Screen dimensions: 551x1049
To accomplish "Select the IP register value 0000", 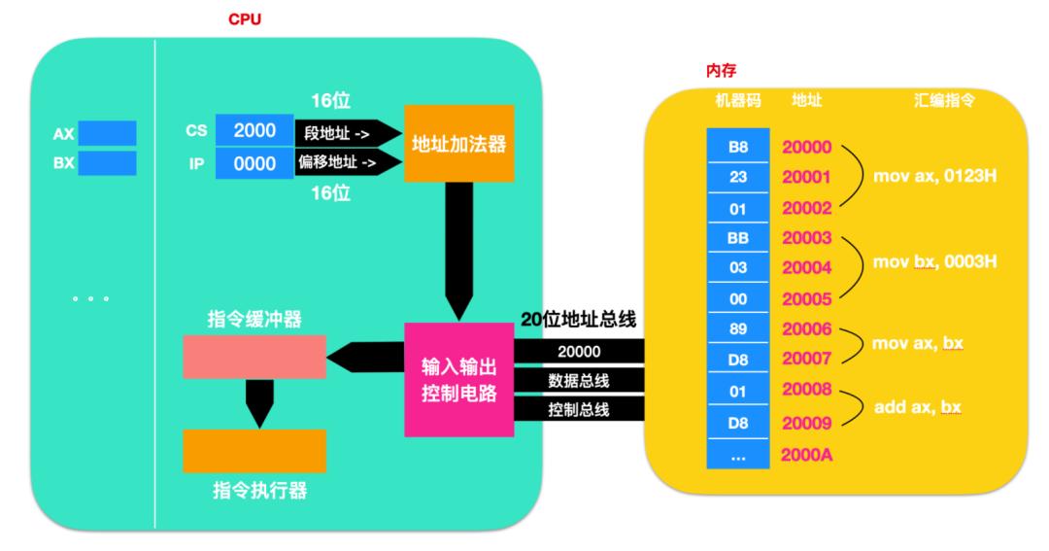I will tap(254, 163).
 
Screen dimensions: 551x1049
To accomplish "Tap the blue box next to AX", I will tap(107, 133).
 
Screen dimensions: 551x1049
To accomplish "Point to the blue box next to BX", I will tap(107, 162).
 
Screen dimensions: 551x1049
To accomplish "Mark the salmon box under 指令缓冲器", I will tap(254, 357).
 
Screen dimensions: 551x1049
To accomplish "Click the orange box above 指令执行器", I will tap(254, 450).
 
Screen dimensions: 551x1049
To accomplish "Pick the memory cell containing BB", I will tap(737, 237).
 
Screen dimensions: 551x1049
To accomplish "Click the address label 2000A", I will tap(804, 455).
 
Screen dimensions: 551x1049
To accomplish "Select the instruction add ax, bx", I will tap(918, 408).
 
